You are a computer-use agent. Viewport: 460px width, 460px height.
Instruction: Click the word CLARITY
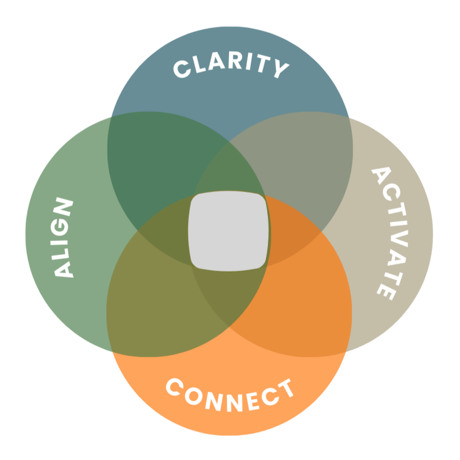pos(230,68)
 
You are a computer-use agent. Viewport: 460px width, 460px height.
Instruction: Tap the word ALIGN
pos(63,238)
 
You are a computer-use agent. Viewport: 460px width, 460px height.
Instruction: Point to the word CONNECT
pos(230,395)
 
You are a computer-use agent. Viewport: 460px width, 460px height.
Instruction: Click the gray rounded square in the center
pos(228,230)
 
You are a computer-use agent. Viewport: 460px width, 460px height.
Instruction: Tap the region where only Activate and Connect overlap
pos(301,301)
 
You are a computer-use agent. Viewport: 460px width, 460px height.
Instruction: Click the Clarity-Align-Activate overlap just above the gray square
pos(229,175)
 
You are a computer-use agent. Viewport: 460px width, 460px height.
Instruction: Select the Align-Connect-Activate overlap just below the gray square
pos(229,291)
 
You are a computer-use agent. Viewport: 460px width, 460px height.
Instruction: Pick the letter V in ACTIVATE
pos(397,236)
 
